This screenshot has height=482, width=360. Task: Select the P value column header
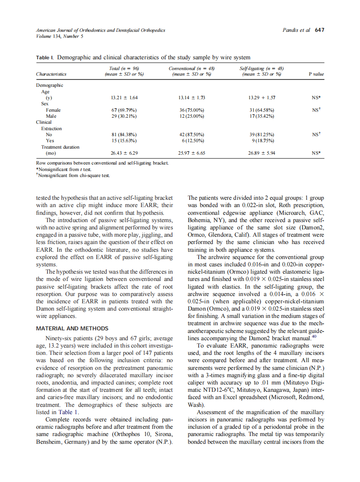(316, 74)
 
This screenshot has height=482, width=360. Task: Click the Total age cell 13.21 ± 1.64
(124, 98)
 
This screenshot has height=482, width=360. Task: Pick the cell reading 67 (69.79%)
(124, 110)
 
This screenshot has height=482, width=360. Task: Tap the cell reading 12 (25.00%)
(192, 116)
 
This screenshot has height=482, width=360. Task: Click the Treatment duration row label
(60, 147)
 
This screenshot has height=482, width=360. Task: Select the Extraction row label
(52, 128)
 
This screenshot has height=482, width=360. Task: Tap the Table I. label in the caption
(45, 57)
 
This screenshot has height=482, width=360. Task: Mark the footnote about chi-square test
(73, 175)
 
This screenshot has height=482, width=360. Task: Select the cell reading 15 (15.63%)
(124, 140)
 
